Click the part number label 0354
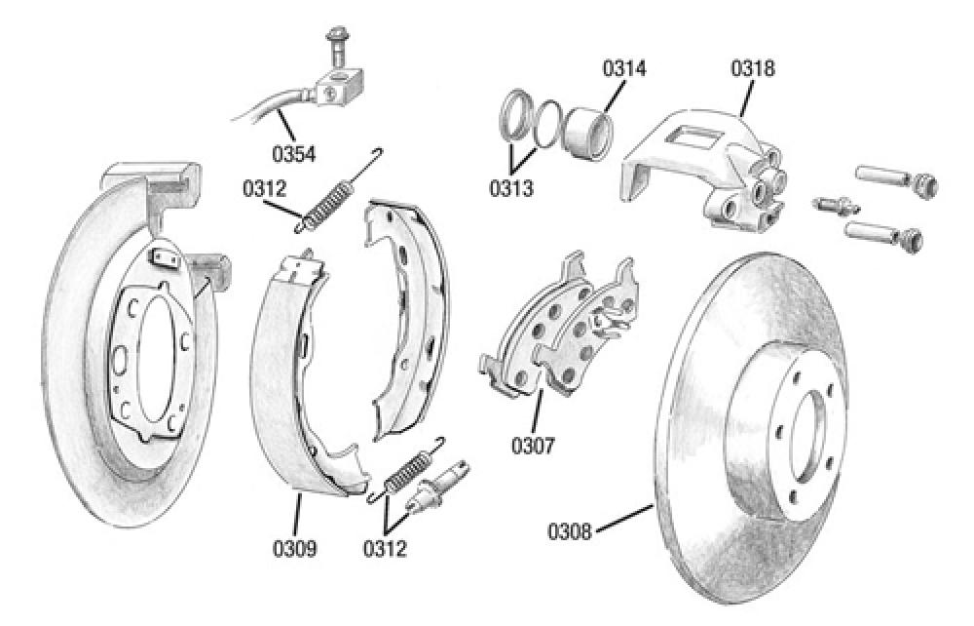click(x=293, y=154)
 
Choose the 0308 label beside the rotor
click(x=569, y=531)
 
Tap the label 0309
click(x=293, y=549)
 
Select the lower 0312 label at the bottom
click(x=385, y=549)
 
